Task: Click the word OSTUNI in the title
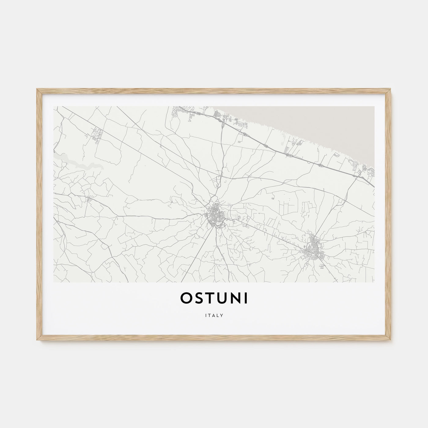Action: coord(214,299)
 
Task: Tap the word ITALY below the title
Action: coord(214,315)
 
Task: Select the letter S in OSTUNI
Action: coord(198,299)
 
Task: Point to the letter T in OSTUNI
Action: coord(209,299)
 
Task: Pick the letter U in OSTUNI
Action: coord(220,299)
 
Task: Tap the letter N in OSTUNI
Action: coord(234,299)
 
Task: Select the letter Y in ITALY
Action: coord(222,315)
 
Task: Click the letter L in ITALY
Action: coord(218,315)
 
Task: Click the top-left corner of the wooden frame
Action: coord(38,90)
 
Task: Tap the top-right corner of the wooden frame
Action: coord(390,90)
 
